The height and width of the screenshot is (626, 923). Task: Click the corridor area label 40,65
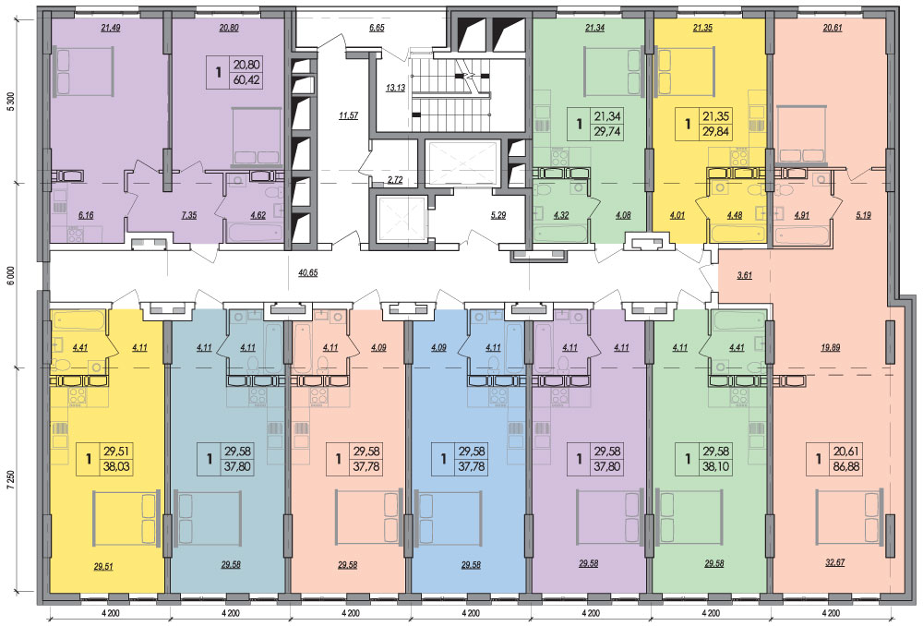click(308, 273)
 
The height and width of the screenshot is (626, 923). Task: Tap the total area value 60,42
click(246, 79)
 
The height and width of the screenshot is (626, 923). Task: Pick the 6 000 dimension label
click(9, 275)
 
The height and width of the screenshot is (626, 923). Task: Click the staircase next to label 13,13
click(451, 93)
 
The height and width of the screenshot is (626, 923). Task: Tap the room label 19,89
click(831, 347)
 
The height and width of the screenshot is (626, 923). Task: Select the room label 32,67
click(834, 562)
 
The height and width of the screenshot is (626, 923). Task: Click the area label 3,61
click(745, 275)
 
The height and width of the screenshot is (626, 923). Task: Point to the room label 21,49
click(111, 27)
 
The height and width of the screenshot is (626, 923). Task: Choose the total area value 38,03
click(117, 467)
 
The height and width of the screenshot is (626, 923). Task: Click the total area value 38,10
click(716, 467)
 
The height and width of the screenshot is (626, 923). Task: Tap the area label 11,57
click(349, 115)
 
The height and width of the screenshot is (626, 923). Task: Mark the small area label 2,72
click(395, 180)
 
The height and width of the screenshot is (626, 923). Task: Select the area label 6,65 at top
click(377, 27)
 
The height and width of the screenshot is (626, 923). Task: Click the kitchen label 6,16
click(86, 215)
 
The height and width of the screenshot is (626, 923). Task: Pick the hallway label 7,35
click(189, 215)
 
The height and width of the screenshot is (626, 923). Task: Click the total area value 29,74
click(607, 132)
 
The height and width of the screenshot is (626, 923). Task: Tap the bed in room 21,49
click(84, 72)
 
